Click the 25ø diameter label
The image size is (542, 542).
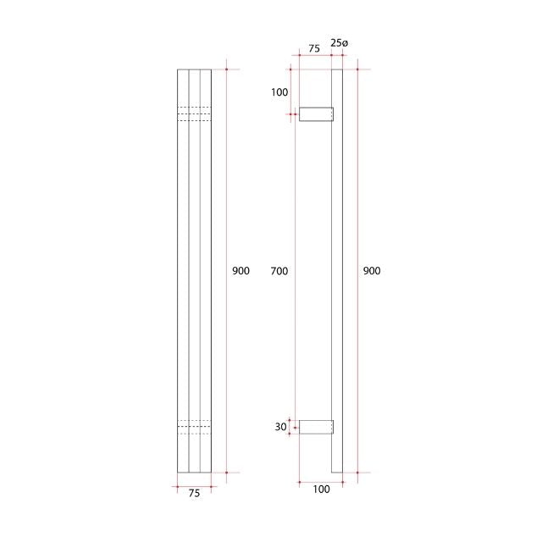click(x=338, y=42)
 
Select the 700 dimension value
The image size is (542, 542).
click(x=279, y=271)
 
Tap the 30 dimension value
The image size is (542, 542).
click(x=280, y=427)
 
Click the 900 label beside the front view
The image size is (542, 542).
click(x=241, y=271)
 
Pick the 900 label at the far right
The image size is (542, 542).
click(x=372, y=271)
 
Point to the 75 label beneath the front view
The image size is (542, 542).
click(x=194, y=494)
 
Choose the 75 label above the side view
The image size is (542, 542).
click(x=313, y=49)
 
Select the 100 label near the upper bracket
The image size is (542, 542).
click(x=279, y=92)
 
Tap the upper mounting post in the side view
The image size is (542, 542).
click(x=316, y=113)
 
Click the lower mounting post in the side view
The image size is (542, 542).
click(x=316, y=427)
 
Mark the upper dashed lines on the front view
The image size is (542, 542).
click(x=194, y=114)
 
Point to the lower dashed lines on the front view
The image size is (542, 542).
click(x=194, y=427)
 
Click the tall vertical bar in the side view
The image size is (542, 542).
click(x=337, y=271)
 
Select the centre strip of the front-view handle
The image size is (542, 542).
click(x=194, y=271)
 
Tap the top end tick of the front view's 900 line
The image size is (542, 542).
click(x=227, y=69)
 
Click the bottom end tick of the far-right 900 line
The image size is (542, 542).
click(x=357, y=472)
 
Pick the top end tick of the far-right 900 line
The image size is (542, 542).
click(x=357, y=69)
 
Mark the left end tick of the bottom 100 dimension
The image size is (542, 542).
click(x=299, y=482)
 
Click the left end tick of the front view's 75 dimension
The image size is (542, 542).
click(x=177, y=486)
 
